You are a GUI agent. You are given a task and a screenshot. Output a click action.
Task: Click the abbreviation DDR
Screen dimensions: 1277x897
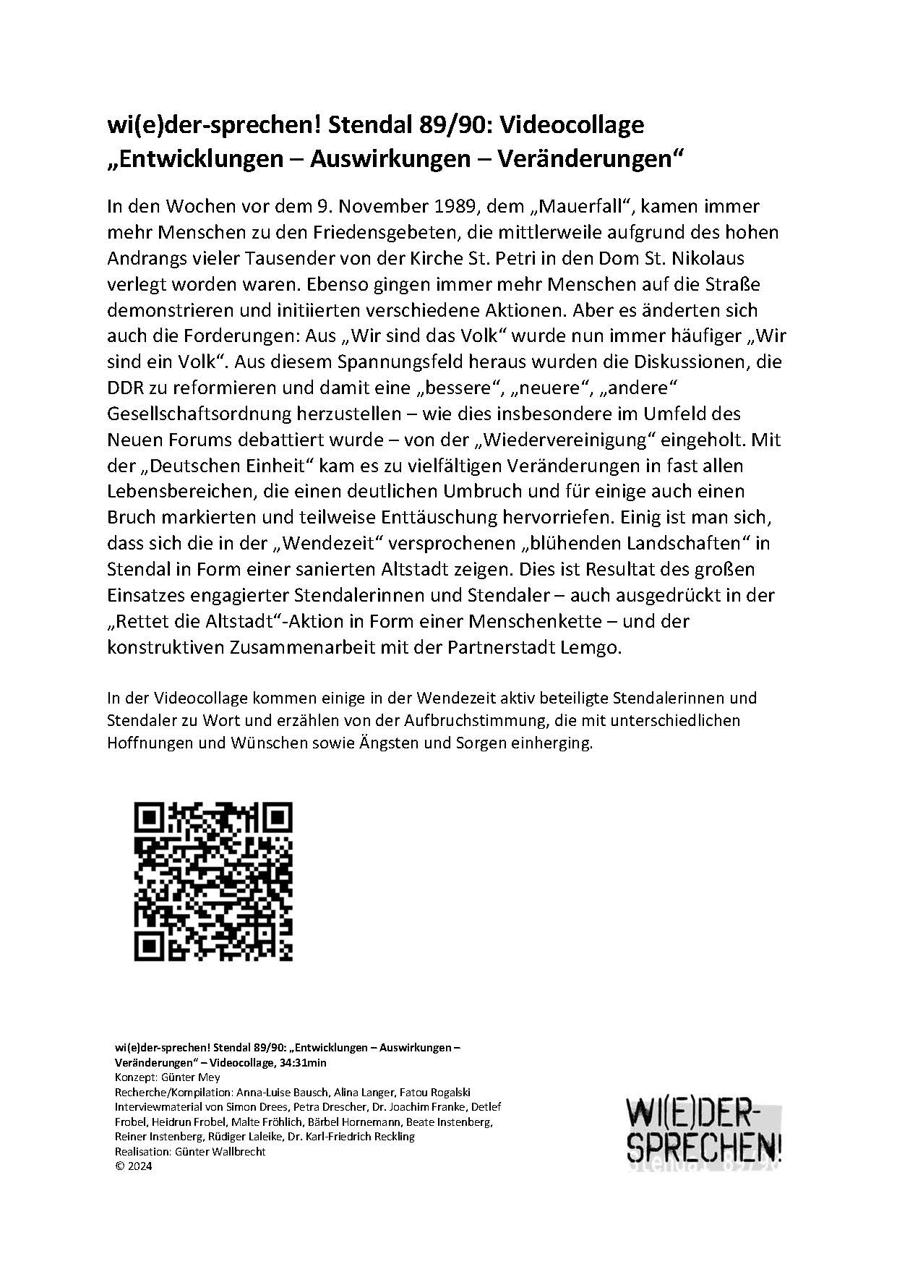pos(125,388)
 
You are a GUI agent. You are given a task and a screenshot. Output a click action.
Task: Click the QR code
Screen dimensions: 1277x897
pos(214,881)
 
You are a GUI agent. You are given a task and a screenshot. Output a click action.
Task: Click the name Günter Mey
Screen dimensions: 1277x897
pos(190,1077)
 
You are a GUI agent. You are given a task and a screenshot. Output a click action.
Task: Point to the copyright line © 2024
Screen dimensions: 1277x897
pos(134,1166)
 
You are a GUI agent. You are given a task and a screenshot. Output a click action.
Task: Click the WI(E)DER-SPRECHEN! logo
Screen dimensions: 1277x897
pos(704,1133)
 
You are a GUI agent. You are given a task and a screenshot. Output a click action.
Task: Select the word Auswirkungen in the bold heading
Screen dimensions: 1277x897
pos(390,158)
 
